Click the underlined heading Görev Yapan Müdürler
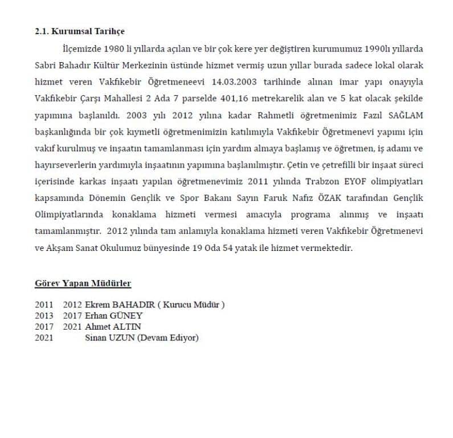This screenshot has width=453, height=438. click(83, 283)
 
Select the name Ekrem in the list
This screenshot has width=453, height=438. click(95, 305)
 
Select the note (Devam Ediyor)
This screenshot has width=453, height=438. click(168, 338)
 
